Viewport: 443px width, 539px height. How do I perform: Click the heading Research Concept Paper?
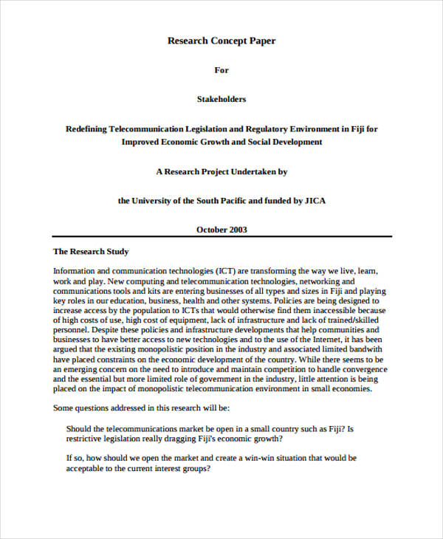click(x=221, y=41)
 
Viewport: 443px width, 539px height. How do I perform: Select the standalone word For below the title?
click(x=221, y=70)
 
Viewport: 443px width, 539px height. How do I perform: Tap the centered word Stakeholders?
click(x=221, y=99)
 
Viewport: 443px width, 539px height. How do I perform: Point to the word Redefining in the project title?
click(x=86, y=128)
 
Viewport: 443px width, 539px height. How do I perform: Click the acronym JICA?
click(x=312, y=200)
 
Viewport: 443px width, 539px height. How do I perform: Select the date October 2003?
click(x=221, y=230)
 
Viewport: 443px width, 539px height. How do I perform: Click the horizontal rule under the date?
click(x=221, y=237)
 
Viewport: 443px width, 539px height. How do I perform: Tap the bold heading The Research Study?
click(x=91, y=251)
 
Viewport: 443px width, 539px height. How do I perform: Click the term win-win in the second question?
click(x=242, y=458)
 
